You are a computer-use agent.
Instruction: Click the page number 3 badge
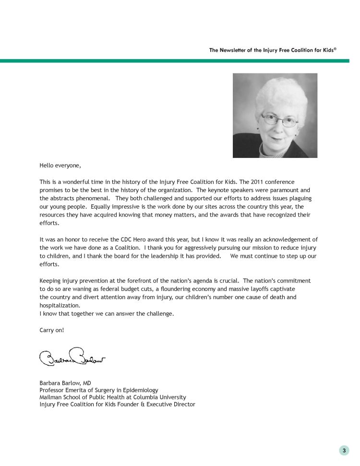tap(344, 450)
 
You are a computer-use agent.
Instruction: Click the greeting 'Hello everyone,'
tap(60, 166)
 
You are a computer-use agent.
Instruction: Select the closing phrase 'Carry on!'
tap(51, 330)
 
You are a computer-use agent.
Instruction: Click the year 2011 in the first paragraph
tap(257, 182)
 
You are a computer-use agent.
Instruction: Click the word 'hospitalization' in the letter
tap(59, 306)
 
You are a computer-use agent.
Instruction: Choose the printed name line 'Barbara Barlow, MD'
tap(65, 383)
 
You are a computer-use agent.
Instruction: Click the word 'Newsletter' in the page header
tap(235, 50)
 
